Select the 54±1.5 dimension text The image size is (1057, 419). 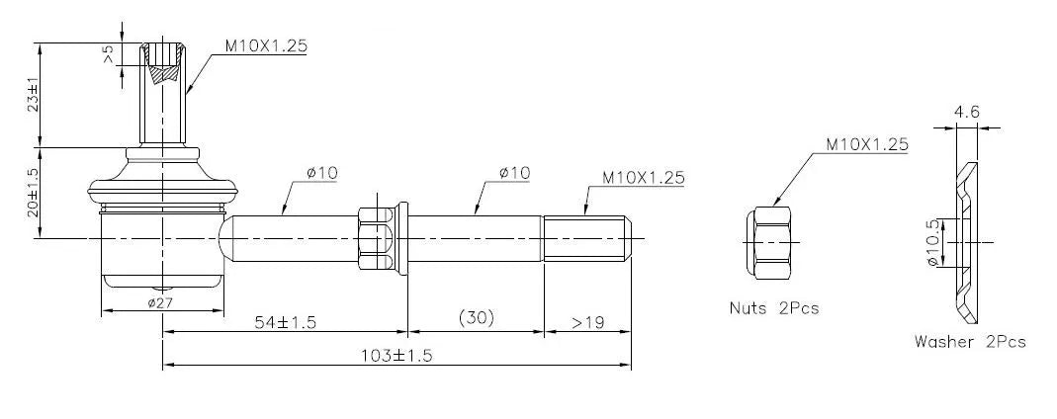pos(285,322)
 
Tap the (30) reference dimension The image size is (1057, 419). pos(476,318)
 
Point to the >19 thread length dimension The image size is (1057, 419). pos(587,322)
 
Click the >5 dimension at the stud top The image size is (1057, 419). pos(109,54)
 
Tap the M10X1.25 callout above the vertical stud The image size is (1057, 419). pos(266,45)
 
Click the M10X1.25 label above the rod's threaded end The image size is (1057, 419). pos(643,178)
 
